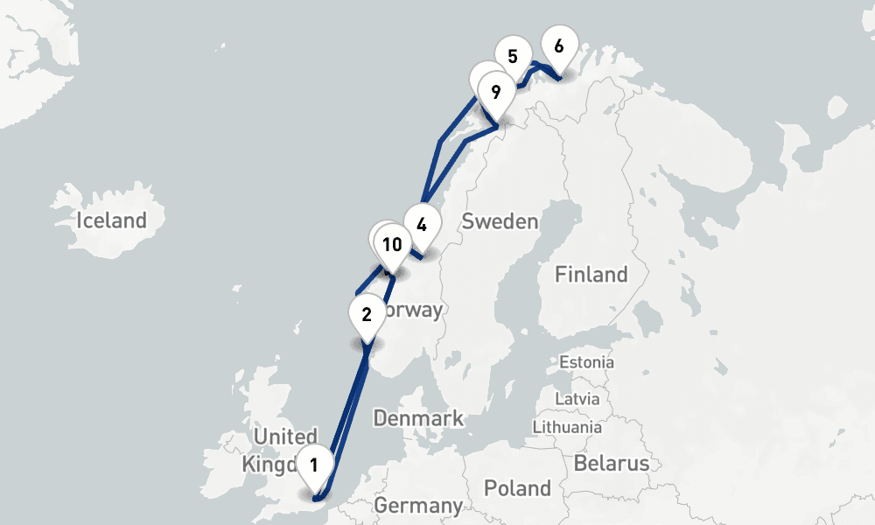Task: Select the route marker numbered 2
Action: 367,314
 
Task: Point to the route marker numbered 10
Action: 392,245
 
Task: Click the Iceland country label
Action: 111,220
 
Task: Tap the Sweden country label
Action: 500,221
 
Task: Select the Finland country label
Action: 591,275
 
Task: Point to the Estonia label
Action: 586,362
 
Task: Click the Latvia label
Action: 577,399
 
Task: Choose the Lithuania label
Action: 567,427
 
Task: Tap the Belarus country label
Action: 612,463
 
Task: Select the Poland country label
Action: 519,488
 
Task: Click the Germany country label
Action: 417,506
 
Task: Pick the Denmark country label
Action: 418,418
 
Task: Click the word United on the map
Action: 285,437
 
